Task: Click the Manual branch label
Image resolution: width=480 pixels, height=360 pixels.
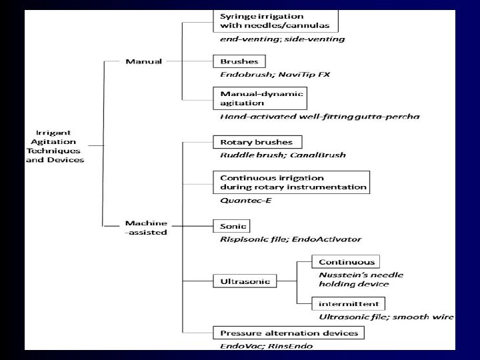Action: tap(143, 62)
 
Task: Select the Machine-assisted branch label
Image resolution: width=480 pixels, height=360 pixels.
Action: tap(145, 227)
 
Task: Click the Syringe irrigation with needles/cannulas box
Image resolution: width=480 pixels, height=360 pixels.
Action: tap(275, 21)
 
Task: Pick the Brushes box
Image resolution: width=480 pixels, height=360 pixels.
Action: tap(239, 61)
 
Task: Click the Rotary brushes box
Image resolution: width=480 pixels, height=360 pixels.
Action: tap(257, 142)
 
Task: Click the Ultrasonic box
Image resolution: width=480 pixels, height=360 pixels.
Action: tap(245, 281)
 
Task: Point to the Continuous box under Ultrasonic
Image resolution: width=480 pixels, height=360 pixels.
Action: tap(347, 262)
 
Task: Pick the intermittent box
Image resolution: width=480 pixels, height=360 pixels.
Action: tap(347, 303)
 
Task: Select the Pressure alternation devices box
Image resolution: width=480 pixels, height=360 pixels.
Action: tap(289, 333)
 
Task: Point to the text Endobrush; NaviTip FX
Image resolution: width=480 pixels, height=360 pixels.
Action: tap(275, 74)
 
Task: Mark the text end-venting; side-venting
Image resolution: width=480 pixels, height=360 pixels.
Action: tap(283, 39)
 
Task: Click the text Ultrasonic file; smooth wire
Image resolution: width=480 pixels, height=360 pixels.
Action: tap(386, 317)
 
